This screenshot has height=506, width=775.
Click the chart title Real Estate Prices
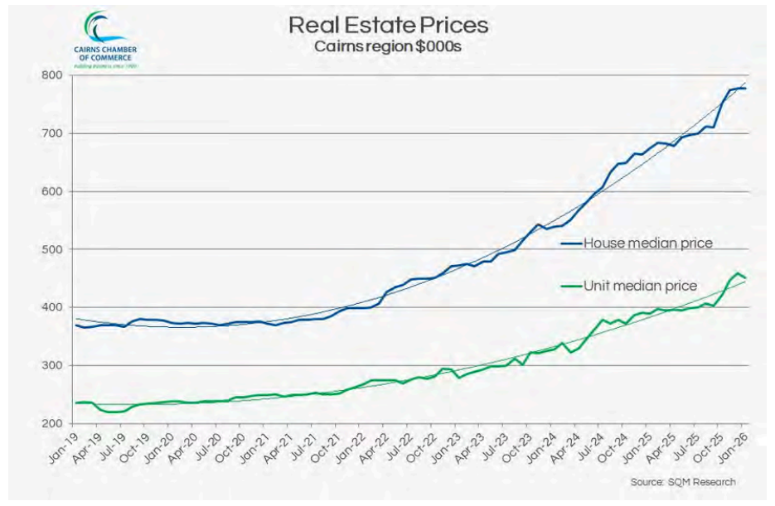[387, 25]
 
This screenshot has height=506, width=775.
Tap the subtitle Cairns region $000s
[387, 46]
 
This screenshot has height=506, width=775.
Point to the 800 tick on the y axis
[52, 75]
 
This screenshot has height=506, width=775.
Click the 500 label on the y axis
[52, 249]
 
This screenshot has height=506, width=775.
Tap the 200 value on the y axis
[52, 423]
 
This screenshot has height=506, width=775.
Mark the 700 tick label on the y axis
[52, 133]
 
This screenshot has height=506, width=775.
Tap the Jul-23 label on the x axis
[492, 447]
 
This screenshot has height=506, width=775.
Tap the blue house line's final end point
[744, 88]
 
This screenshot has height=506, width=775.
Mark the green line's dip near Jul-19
[111, 412]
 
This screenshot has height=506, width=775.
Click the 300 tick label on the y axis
[52, 365]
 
